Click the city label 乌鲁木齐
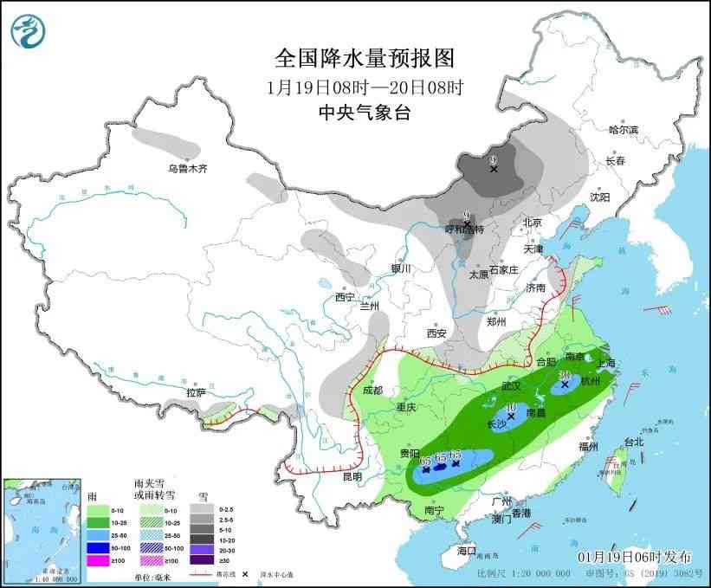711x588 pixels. click(x=188, y=168)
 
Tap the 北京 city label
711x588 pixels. click(x=532, y=223)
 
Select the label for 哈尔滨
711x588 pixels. click(x=622, y=130)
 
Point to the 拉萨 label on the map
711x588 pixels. click(x=196, y=392)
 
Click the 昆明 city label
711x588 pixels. click(x=352, y=476)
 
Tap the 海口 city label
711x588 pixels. click(x=468, y=551)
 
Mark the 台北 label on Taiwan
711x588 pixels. click(x=634, y=442)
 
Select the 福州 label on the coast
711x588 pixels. click(x=589, y=447)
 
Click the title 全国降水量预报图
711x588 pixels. click(x=364, y=58)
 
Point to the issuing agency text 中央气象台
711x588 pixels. click(x=364, y=113)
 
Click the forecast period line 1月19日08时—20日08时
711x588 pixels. click(x=364, y=87)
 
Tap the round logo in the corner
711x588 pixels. click(x=29, y=30)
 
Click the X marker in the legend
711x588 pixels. click(x=246, y=574)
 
